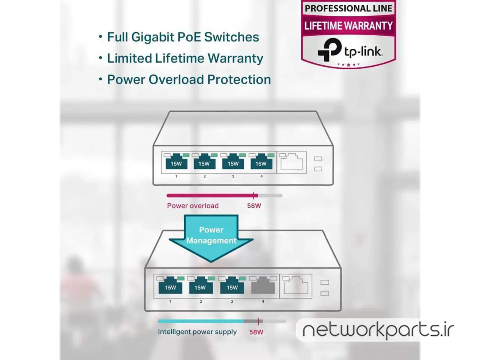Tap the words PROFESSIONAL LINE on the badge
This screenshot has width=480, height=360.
coord(348,9)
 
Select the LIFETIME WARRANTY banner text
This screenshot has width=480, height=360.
coord(348,25)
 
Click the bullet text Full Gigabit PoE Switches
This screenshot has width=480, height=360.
coord(183,37)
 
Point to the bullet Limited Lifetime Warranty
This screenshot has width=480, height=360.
coord(185,58)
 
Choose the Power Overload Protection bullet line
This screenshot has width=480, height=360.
coord(189,79)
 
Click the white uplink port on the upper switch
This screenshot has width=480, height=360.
coord(292,162)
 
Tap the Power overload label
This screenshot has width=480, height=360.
coord(193,205)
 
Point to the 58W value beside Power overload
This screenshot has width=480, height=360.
coord(254,205)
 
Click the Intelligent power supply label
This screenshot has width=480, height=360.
coord(197,332)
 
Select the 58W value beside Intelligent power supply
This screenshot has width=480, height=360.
coord(256,332)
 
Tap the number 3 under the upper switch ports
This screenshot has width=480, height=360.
coord(233,176)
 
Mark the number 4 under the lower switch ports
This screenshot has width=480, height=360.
coord(263,301)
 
